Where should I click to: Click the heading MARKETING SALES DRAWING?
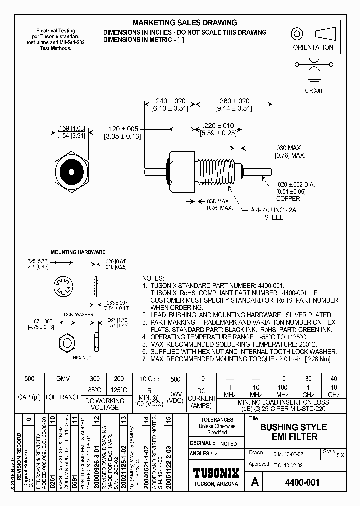coord(184,23)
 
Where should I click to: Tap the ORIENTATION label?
coord(313,48)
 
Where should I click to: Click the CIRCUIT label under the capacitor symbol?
coord(314,91)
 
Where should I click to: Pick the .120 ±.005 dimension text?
coord(122,129)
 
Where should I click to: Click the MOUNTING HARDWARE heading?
coord(77,252)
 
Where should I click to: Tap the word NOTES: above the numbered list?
coord(153,278)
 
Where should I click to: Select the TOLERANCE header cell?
coord(62,397)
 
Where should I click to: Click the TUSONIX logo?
coord(216,473)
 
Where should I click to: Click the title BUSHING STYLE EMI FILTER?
coord(294,432)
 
